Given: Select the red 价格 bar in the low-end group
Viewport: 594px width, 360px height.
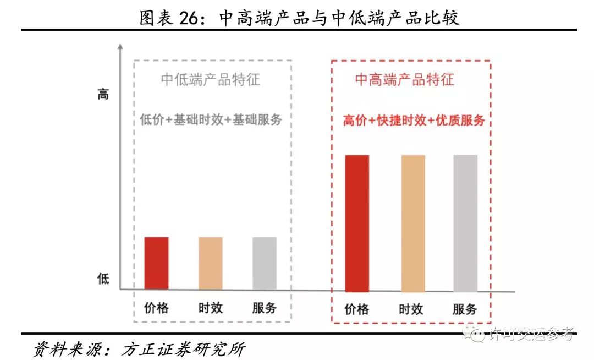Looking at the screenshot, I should [156, 263].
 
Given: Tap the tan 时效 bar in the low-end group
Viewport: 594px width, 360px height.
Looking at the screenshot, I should [211, 263].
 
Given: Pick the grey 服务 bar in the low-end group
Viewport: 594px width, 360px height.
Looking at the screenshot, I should [265, 263].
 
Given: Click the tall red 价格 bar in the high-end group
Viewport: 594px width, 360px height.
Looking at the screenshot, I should [357, 223].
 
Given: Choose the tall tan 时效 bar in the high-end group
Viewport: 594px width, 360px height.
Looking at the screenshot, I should [413, 223].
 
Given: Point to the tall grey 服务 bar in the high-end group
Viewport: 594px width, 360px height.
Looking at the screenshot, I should [465, 223].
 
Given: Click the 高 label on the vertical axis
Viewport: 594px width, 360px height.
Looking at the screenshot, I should [103, 94].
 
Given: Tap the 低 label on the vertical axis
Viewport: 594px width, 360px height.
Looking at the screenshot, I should [103, 279].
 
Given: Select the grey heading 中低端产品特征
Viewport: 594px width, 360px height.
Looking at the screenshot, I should [210, 79].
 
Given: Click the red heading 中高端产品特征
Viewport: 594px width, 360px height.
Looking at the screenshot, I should [404, 79].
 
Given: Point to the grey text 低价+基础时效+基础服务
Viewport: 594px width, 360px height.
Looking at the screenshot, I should [211, 119].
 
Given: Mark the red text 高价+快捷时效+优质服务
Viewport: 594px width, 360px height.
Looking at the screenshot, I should [414, 121].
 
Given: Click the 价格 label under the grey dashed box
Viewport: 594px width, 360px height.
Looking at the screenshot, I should [156, 308].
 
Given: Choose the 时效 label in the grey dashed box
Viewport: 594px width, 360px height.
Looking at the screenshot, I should [211, 308].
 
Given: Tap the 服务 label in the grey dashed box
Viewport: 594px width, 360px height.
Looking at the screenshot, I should [265, 308].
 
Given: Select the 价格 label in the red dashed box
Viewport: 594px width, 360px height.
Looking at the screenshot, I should [357, 309].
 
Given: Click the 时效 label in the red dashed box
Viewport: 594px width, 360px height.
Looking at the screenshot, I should [411, 309].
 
